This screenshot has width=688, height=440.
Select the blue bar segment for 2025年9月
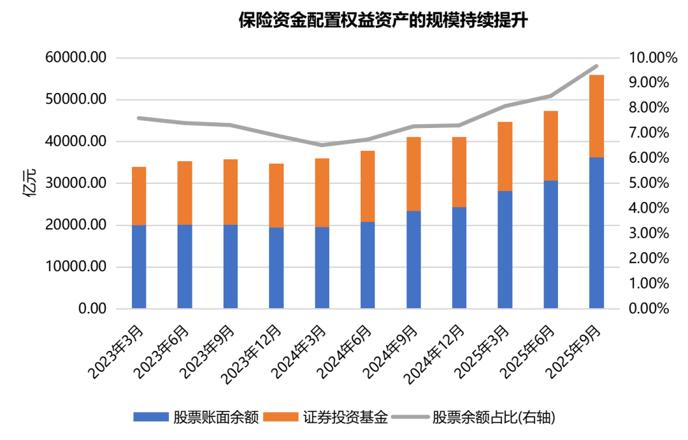click(596, 232)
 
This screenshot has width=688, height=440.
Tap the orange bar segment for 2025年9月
click(596, 116)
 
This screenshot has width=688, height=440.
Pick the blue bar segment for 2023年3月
click(139, 267)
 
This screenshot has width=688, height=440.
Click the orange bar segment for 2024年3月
click(322, 192)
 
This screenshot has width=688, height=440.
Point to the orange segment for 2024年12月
click(459, 172)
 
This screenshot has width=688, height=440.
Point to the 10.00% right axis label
click(652, 58)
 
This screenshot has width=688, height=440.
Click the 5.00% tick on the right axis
click(649, 183)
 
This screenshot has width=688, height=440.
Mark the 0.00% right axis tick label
click(649, 309)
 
